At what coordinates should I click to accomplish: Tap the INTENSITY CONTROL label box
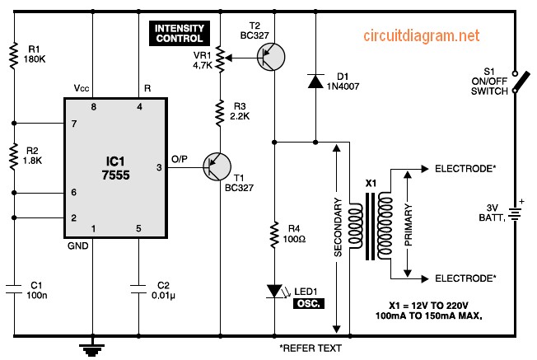176,33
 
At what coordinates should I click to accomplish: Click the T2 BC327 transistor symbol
270,57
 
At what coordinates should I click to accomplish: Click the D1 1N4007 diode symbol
315,80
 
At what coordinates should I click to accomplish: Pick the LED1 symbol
273,291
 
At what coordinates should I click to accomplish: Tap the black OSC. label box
310,302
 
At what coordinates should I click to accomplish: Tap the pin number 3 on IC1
160,168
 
